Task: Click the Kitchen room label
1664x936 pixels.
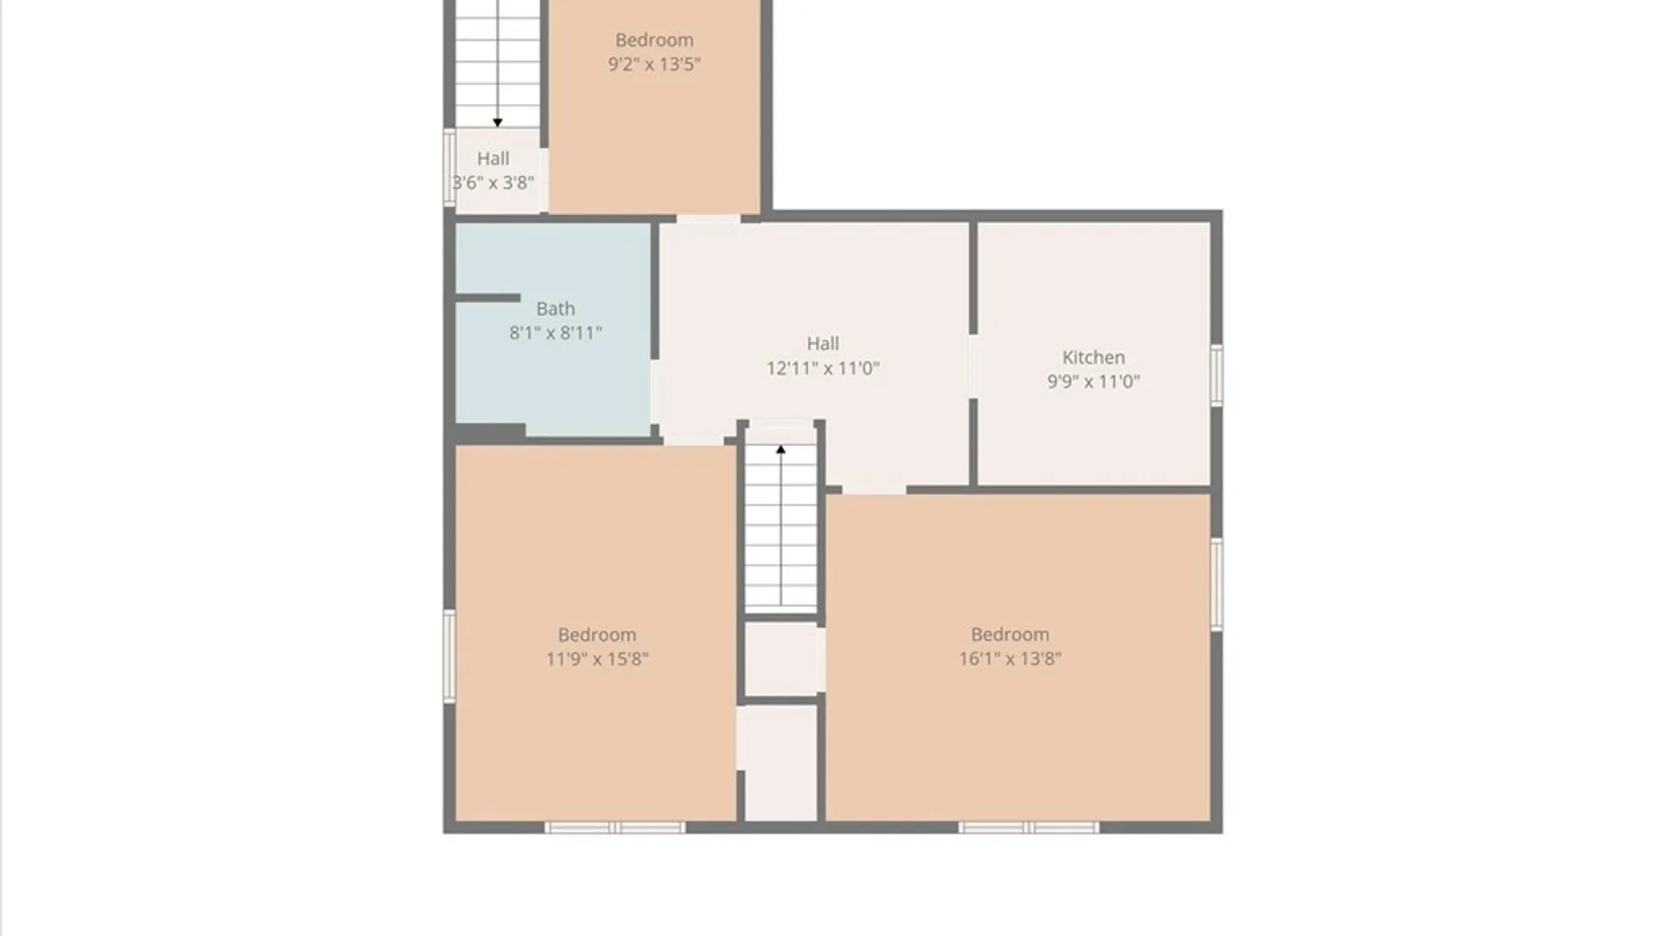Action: tap(1094, 357)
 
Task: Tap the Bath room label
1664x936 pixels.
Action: tap(556, 309)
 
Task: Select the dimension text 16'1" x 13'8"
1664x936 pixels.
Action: tap(1010, 659)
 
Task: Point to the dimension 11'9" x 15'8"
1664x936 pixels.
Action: tap(597, 659)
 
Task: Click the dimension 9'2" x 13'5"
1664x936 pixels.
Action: tap(654, 64)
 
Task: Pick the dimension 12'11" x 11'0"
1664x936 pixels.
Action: tap(822, 368)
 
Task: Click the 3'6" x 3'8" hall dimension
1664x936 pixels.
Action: tap(493, 183)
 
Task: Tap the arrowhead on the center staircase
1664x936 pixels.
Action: tap(781, 449)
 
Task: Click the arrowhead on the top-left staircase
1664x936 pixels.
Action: tap(497, 123)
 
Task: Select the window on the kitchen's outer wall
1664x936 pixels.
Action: tap(1216, 374)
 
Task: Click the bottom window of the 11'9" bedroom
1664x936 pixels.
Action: tap(614, 828)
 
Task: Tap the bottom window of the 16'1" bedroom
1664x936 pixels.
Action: tap(1029, 828)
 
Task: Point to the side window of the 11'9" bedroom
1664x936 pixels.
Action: tap(449, 656)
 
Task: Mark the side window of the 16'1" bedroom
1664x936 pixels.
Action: tap(1216, 584)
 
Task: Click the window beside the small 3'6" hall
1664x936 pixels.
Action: tap(449, 168)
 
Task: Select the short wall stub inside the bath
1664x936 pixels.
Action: tap(487, 298)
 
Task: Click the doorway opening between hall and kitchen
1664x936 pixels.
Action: tap(973, 367)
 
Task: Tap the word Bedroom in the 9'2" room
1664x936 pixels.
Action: tap(654, 40)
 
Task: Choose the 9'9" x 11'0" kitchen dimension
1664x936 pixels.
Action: tap(1094, 381)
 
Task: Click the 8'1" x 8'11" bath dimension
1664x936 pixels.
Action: tap(556, 333)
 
